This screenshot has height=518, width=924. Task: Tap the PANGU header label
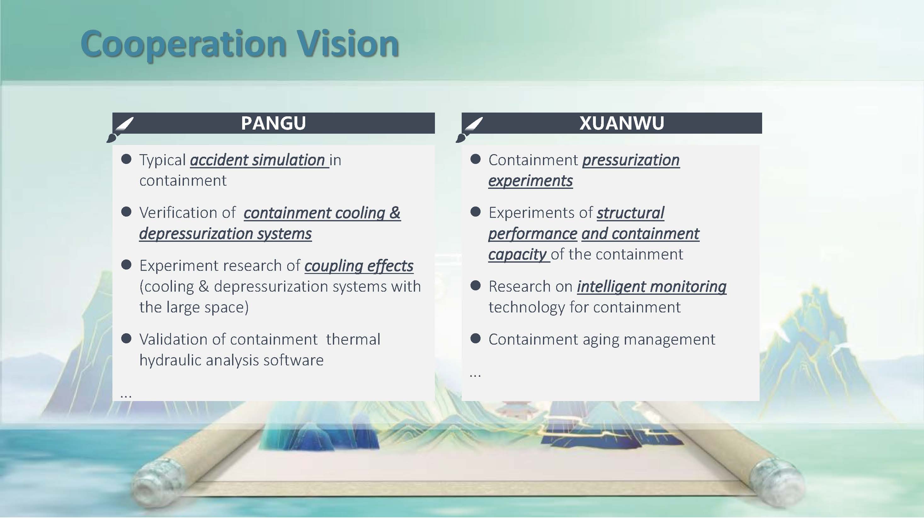(x=273, y=123)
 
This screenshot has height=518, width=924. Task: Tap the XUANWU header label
(x=622, y=123)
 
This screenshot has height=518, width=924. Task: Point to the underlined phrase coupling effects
(x=359, y=266)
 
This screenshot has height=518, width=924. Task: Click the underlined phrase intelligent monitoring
(x=651, y=287)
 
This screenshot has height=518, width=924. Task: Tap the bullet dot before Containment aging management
(x=475, y=338)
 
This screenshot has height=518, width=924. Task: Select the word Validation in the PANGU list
(x=175, y=339)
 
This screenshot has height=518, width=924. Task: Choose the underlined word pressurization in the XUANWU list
(x=631, y=160)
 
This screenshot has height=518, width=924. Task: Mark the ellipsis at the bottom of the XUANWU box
(x=475, y=375)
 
